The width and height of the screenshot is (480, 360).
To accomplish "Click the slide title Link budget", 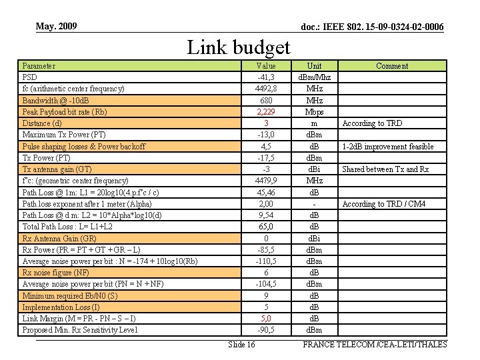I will (239, 47).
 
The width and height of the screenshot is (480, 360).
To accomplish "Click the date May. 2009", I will (57, 26).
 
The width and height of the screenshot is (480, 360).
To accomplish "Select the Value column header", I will (266, 66).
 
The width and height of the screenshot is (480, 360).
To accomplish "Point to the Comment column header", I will (392, 66).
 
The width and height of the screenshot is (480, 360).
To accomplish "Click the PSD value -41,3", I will (266, 77).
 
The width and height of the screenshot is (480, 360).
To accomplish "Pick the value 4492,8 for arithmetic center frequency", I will (266, 89).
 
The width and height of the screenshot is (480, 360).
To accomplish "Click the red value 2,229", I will (266, 112).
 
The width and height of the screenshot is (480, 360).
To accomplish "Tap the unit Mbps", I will (314, 112).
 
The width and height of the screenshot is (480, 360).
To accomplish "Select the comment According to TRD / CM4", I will (384, 204).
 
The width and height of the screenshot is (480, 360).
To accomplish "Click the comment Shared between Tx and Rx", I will (386, 169).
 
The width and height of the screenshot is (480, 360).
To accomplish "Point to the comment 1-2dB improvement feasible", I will (388, 147).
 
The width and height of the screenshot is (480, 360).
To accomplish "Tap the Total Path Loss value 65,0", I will (266, 227).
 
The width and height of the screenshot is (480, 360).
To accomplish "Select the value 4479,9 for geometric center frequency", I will (266, 181).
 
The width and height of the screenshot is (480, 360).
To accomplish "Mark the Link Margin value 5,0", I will (266, 319).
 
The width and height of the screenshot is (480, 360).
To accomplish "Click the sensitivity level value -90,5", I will (266, 330).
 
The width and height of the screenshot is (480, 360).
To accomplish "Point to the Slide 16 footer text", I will (241, 344).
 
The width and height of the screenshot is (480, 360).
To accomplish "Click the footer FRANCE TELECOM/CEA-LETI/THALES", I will (375, 344).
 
